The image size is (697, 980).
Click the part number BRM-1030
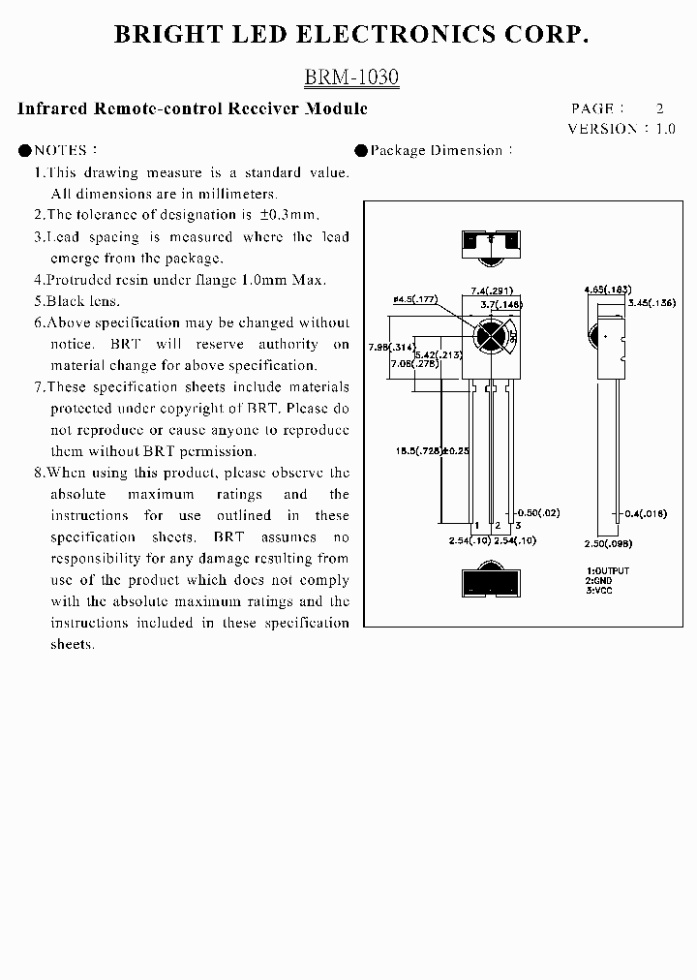coord(351,77)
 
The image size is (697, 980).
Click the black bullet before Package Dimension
coord(361,150)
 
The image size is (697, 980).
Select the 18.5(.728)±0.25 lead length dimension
coord(432,450)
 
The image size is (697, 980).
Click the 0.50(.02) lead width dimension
coord(539,512)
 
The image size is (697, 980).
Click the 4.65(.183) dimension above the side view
coord(607,290)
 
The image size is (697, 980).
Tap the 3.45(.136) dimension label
coord(651,303)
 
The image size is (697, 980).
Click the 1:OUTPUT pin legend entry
coord(607,571)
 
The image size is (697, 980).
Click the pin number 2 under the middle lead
coord(497,525)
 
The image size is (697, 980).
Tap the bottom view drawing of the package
coord(493,584)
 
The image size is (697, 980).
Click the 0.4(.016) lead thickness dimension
coord(646,513)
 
